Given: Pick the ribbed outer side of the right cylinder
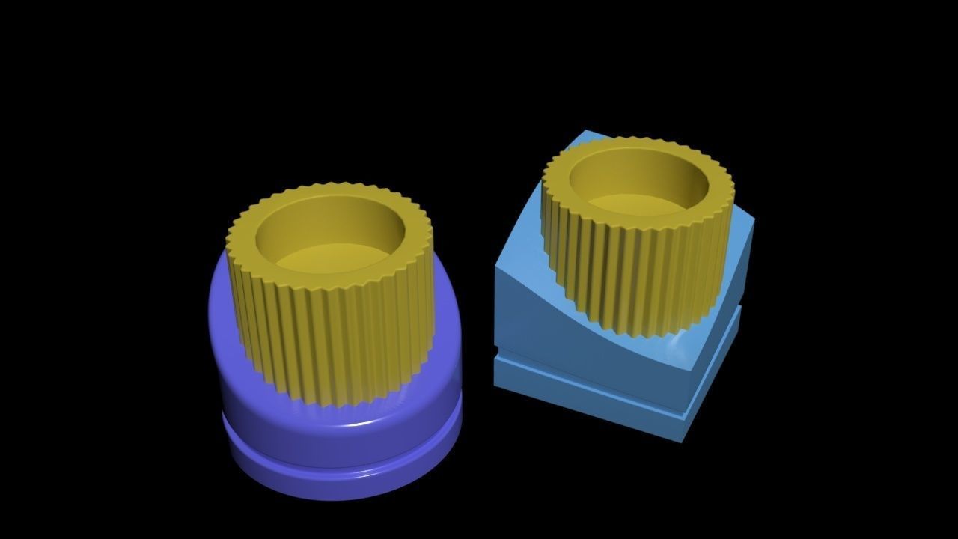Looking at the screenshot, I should click(636, 269).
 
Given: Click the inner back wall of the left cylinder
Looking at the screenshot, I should click(329, 221).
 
